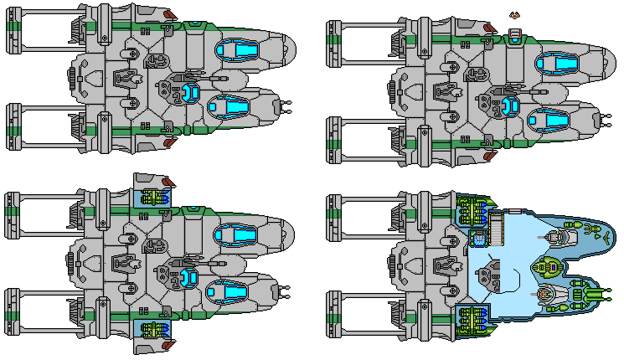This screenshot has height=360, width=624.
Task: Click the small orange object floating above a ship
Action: click(514, 15)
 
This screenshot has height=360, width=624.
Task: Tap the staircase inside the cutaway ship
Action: click(497, 227)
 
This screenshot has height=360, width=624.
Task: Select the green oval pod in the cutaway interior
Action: click(549, 268)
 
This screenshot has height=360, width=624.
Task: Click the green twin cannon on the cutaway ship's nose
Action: click(601, 294)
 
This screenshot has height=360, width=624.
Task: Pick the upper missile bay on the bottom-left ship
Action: click(152, 198)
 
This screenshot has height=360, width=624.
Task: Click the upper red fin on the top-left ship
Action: click(170, 14)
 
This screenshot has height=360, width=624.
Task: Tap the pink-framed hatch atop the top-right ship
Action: click(514, 35)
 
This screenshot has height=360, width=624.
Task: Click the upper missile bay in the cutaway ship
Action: click(474, 208)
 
